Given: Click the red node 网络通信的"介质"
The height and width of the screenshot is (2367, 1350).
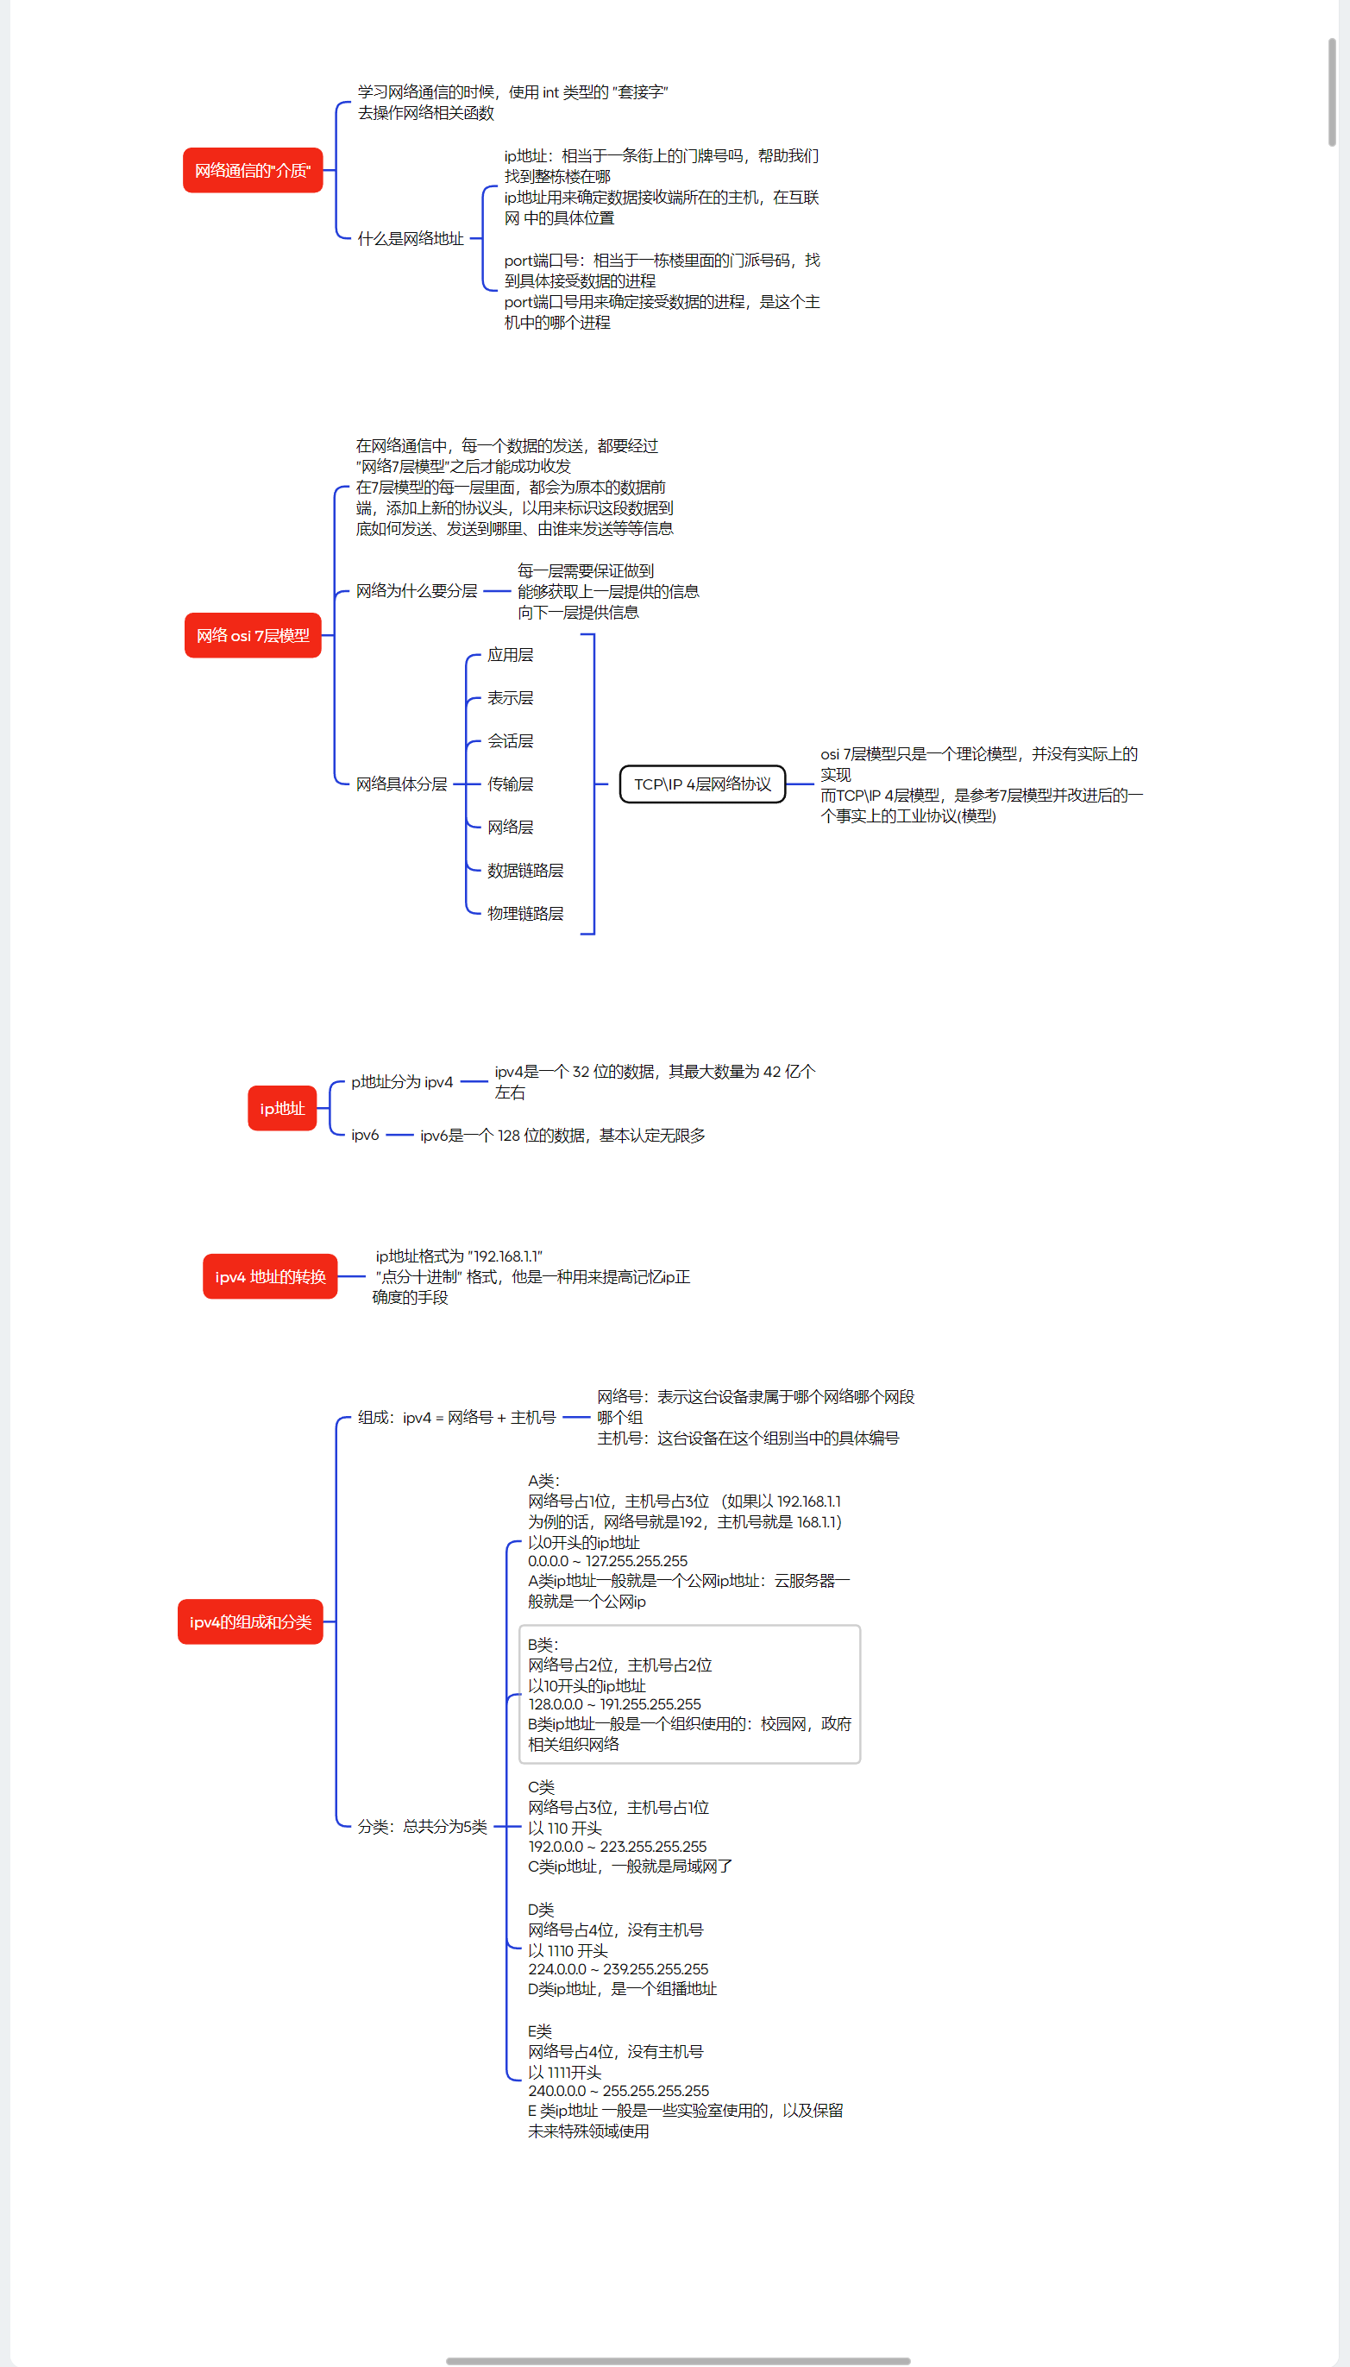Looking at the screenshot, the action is tap(252, 171).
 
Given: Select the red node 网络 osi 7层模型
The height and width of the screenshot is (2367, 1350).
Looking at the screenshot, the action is tap(252, 635).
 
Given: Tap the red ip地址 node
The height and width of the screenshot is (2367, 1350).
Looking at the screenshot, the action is tap(282, 1108).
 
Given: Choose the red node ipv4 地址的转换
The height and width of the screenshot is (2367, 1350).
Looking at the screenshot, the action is tap(270, 1277).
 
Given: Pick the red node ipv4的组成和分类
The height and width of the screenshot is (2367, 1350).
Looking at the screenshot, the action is tap(250, 1622).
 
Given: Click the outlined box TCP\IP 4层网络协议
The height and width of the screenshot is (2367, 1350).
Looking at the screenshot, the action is tap(702, 784).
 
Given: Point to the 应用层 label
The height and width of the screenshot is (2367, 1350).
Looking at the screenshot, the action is tap(510, 656).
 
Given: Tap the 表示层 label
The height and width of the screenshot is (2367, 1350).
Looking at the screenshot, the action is tap(510, 698).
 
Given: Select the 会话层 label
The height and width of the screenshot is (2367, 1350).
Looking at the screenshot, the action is tap(510, 741).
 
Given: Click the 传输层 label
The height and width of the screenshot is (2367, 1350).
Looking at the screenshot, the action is tap(510, 784).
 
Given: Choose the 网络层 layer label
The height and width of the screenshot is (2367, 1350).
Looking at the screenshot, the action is tap(510, 828).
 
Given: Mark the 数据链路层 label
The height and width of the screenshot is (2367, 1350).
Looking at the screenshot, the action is tap(524, 871).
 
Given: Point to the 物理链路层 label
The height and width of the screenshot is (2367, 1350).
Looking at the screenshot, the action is tap(524, 914).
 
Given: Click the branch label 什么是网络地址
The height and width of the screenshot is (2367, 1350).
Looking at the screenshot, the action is tap(410, 239).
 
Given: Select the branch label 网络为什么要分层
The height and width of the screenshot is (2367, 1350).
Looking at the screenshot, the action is tap(417, 592).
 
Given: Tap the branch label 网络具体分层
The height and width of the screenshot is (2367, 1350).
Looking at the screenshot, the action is tap(400, 784).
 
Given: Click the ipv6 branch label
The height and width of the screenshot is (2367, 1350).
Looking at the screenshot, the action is tap(364, 1136).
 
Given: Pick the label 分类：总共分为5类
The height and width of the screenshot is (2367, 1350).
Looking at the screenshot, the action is tap(422, 1826).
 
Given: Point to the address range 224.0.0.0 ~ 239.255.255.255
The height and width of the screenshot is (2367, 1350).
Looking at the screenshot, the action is tap(618, 1969).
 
